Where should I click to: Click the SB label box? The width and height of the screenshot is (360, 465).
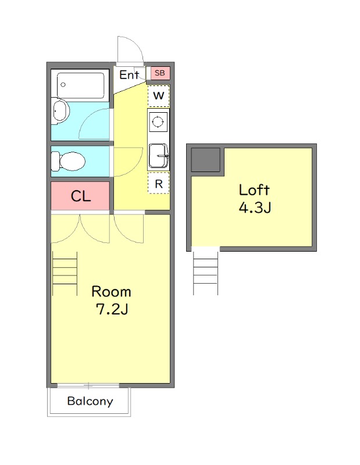[160, 73]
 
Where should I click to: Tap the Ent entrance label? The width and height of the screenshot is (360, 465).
[129, 75]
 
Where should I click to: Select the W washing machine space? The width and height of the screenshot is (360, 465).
[159, 96]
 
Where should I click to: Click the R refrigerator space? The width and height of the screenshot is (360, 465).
[159, 183]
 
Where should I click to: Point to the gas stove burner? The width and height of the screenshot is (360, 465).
[157, 121]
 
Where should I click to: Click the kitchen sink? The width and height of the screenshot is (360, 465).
[159, 156]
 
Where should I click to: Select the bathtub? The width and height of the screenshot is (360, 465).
[80, 85]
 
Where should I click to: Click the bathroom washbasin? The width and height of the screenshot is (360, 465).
[60, 111]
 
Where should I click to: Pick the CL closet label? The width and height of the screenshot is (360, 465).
[81, 196]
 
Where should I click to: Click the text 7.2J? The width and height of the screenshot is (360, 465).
[112, 309]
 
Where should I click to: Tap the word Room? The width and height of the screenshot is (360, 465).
[111, 292]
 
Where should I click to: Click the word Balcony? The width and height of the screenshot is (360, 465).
[90, 401]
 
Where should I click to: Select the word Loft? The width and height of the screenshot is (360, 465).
[254, 190]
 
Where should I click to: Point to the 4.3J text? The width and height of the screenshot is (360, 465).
[255, 208]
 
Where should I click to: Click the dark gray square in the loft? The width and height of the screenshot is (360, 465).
[205, 159]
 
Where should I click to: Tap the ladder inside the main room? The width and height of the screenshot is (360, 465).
[65, 273]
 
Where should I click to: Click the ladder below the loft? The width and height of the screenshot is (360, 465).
[206, 273]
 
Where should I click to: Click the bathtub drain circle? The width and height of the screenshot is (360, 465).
[63, 85]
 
